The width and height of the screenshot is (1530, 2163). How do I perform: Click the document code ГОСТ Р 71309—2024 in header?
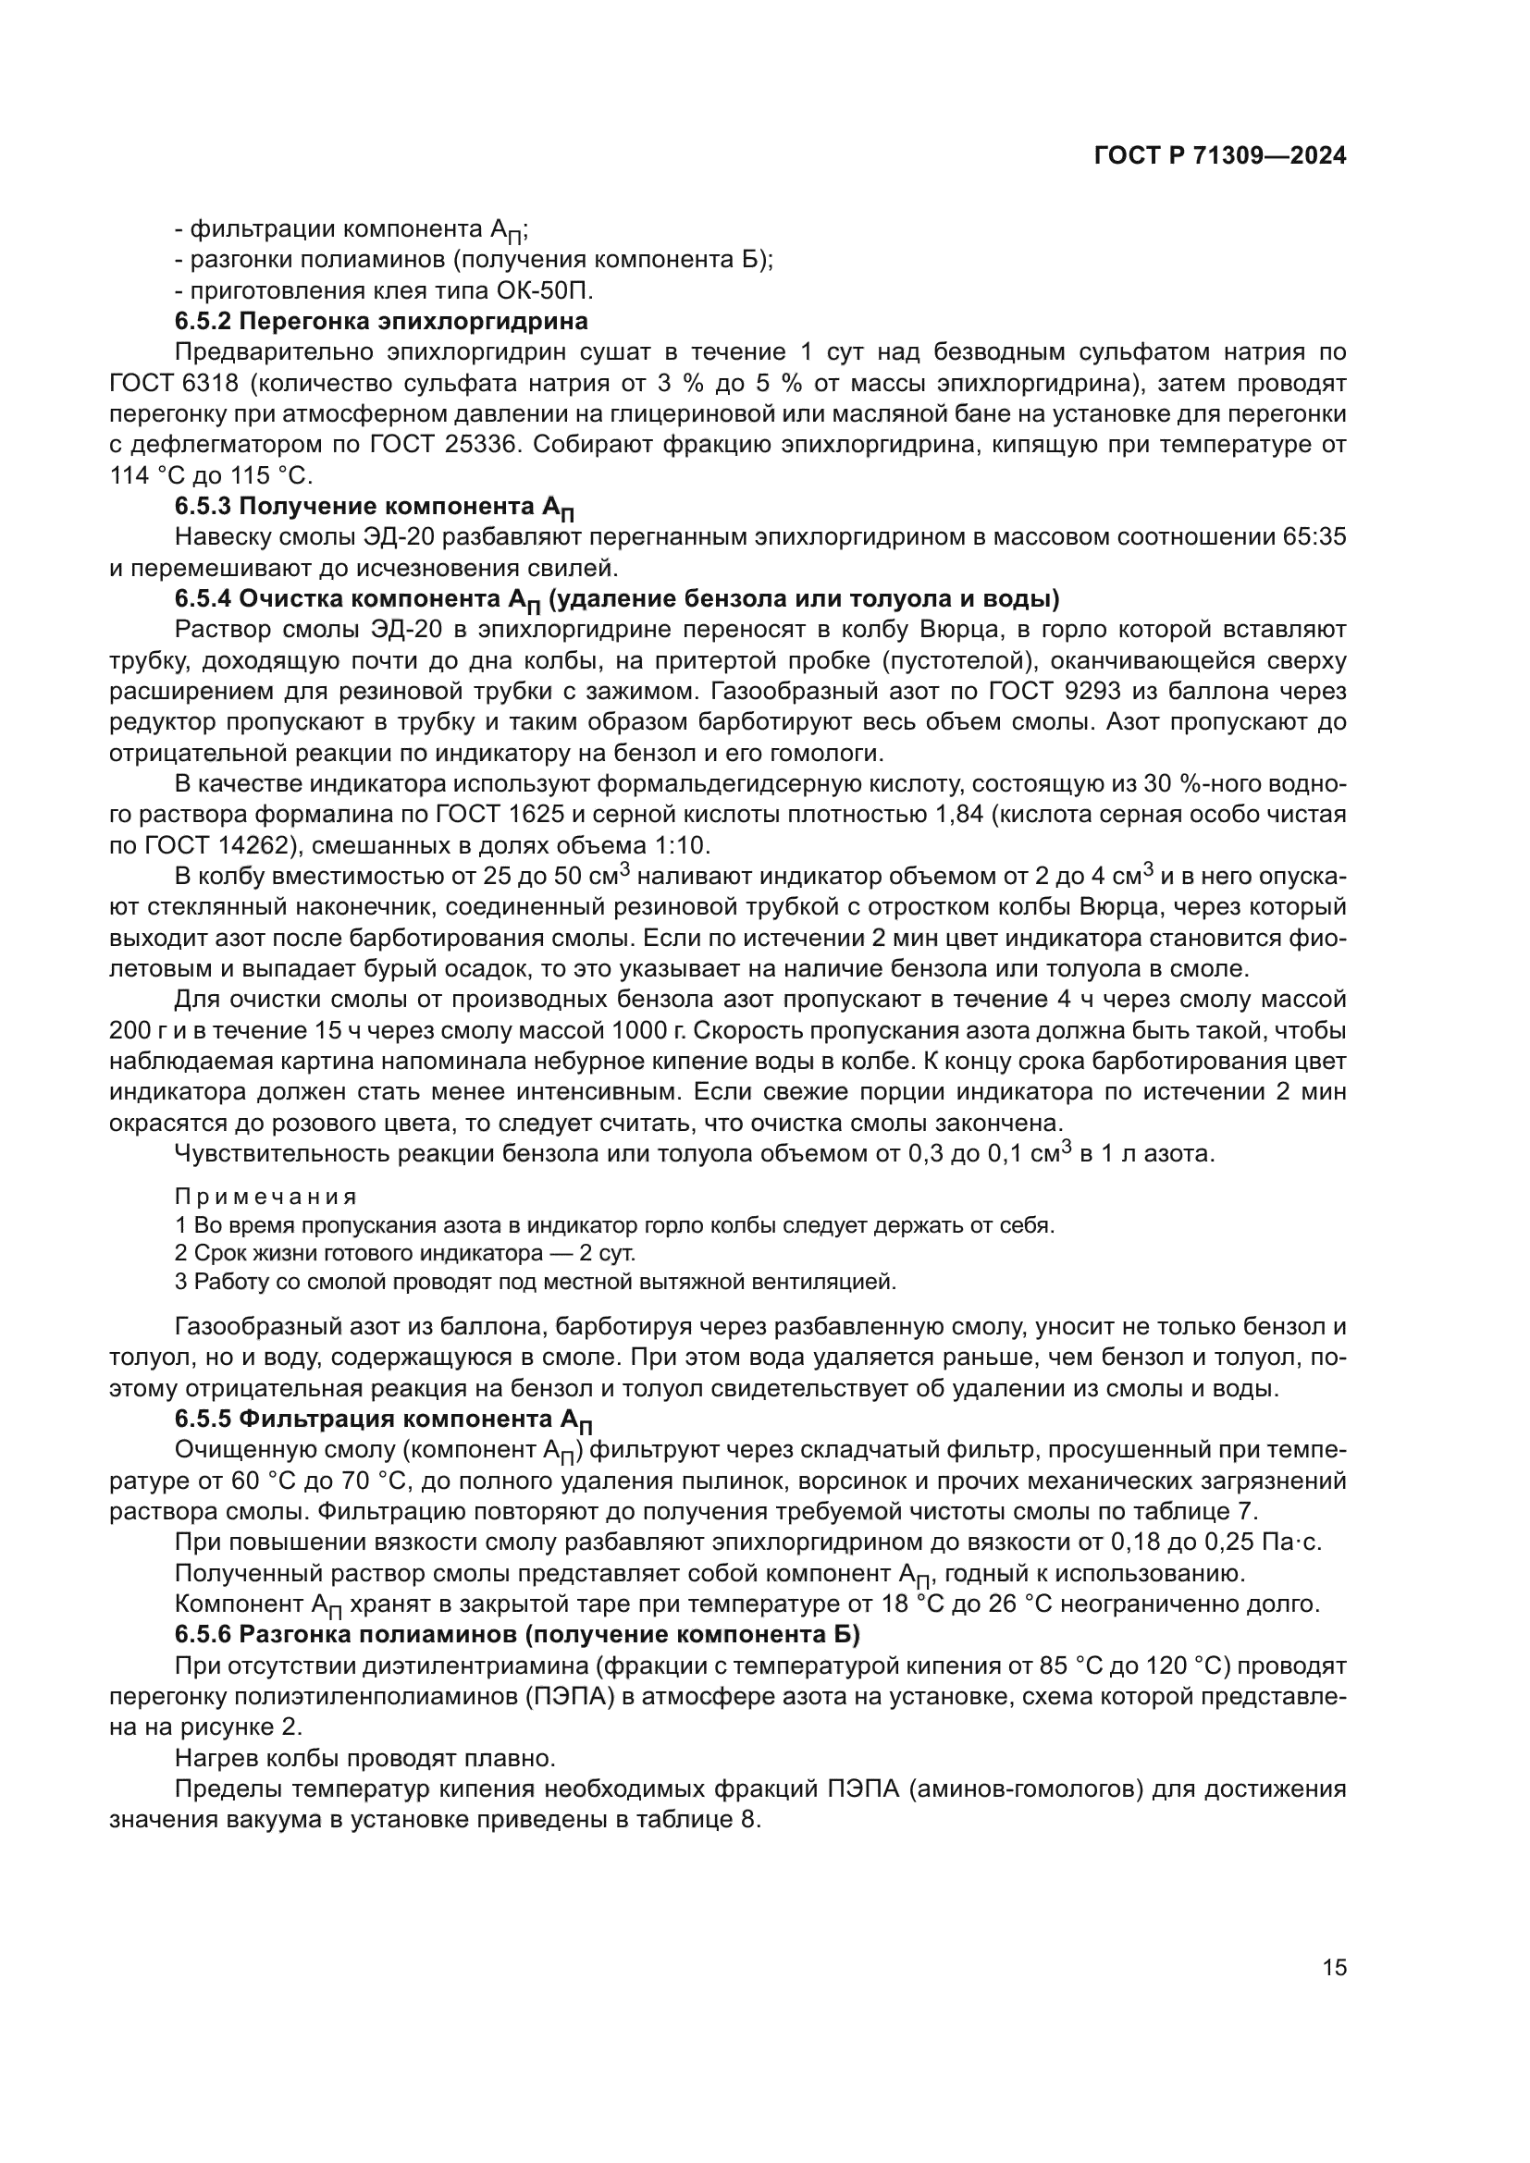click(1220, 156)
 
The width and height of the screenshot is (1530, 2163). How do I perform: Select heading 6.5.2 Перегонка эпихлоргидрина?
click(380, 321)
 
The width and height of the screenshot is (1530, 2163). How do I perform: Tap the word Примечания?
click(265, 1197)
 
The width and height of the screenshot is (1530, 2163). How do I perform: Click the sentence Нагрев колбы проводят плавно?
click(365, 1758)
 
